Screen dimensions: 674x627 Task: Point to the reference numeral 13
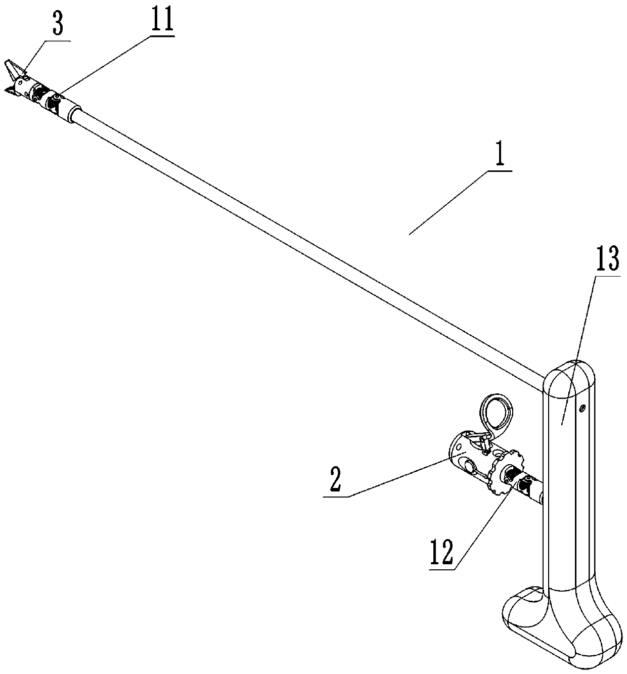[x=607, y=261]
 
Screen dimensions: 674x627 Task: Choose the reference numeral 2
[x=335, y=483]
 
